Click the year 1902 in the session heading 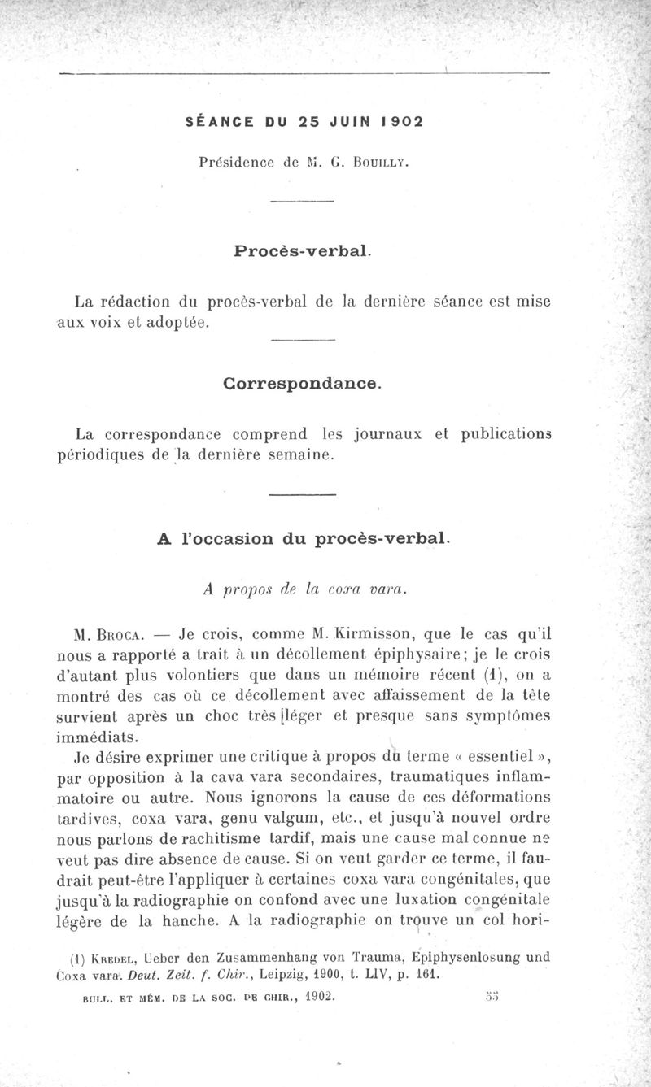coord(399,122)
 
